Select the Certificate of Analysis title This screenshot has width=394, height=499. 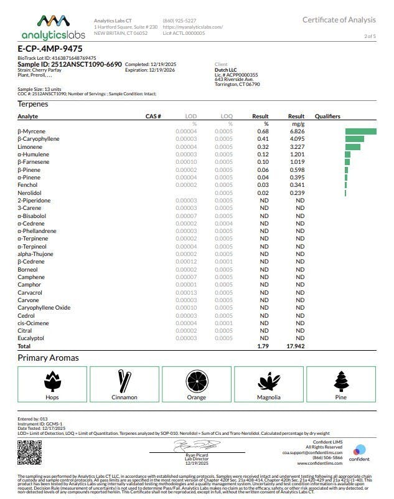[339, 20]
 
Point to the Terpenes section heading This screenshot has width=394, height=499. [32, 104]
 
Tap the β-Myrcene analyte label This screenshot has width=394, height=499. [31, 131]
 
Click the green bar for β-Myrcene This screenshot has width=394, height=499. [360, 131]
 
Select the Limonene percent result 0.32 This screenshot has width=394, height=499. [263, 146]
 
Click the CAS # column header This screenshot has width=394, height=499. [153, 116]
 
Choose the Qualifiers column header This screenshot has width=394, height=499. [327, 116]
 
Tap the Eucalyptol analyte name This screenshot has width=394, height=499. [32, 338]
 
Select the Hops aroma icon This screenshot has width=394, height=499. [52, 380]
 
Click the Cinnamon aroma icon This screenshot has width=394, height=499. [124, 380]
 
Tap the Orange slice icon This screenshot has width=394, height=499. [196, 380]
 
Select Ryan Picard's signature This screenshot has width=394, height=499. [197, 445]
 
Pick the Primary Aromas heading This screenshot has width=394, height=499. [48, 358]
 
